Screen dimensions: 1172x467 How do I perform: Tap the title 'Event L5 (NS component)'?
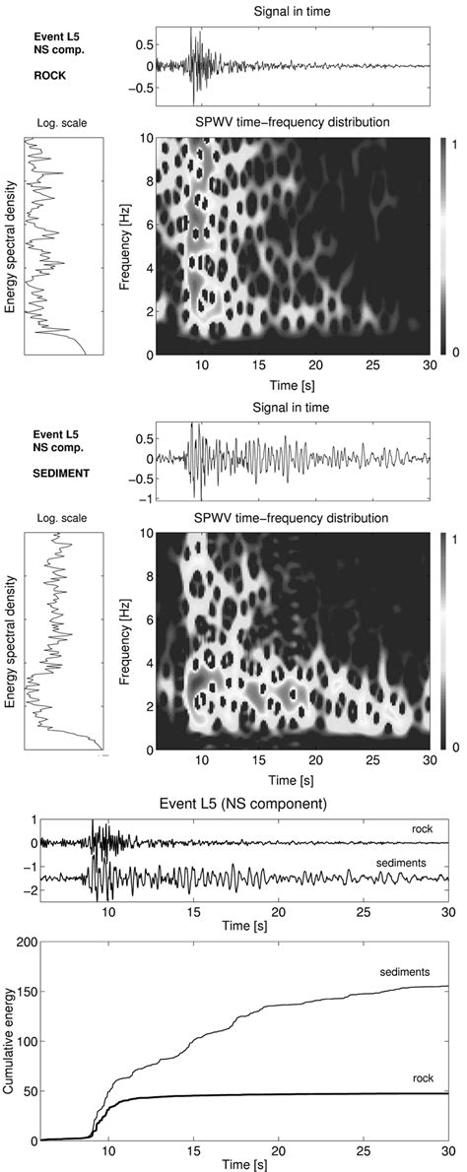point(263,802)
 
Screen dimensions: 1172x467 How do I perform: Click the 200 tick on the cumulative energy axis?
point(21,943)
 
